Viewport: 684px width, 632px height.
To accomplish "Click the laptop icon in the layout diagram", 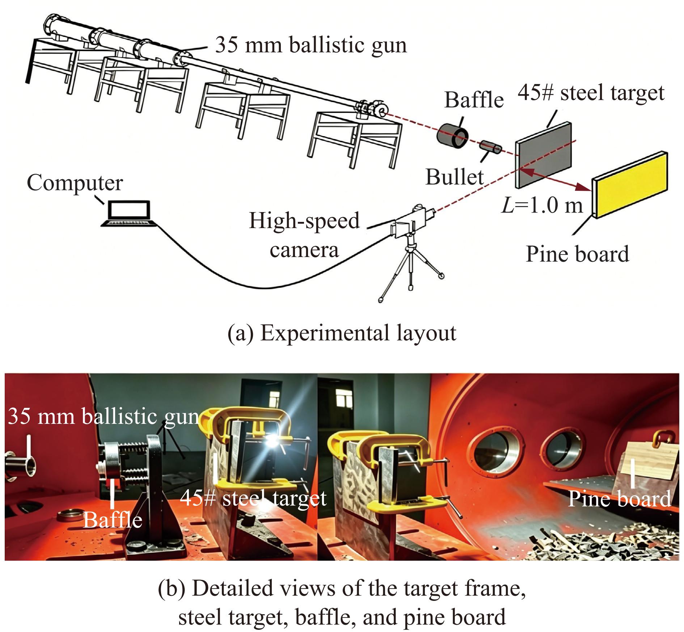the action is (x=129, y=214).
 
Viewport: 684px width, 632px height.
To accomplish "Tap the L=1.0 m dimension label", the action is (x=542, y=206).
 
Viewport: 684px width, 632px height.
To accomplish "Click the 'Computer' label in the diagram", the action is (x=75, y=183).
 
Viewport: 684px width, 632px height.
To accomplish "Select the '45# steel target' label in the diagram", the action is (x=591, y=93).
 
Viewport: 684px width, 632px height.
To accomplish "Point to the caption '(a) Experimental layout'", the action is (x=342, y=333).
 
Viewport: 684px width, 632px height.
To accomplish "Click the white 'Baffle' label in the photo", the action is (x=113, y=520).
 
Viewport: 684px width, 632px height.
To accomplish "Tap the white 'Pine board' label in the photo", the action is (x=619, y=498).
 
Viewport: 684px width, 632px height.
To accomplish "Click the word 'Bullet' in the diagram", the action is (x=455, y=177).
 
